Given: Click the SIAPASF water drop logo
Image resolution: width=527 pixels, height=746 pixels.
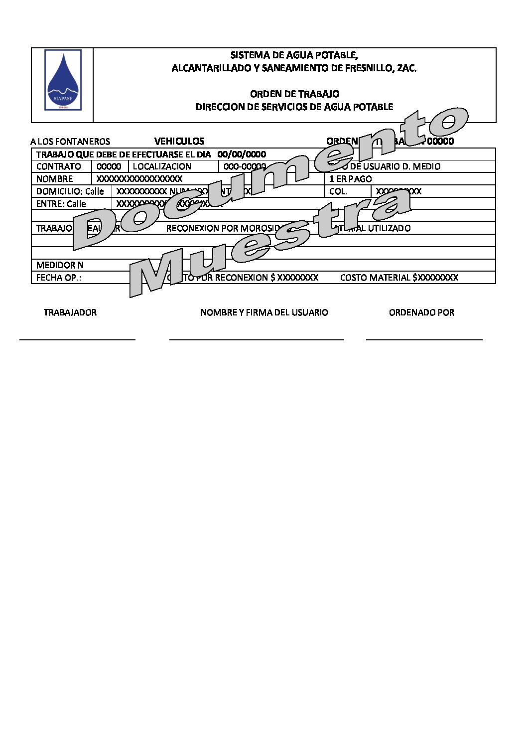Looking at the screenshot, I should click(x=63, y=80).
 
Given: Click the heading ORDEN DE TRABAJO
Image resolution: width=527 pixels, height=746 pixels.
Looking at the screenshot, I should click(x=294, y=94).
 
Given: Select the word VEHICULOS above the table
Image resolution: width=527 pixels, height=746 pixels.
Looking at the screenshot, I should click(x=179, y=141).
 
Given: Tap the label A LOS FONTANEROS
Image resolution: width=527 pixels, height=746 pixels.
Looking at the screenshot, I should click(x=70, y=142).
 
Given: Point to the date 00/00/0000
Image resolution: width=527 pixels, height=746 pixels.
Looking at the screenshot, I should click(x=242, y=154).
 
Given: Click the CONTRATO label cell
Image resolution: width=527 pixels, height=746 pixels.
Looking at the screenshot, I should click(x=59, y=166).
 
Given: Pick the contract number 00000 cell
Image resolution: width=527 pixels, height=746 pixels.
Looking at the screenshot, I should click(x=109, y=166).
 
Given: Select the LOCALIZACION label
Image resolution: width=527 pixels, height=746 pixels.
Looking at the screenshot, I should click(x=162, y=166).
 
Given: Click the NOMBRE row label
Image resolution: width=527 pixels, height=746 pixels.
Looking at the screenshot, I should click(x=55, y=179).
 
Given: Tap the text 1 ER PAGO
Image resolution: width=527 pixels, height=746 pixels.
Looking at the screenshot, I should click(x=351, y=179).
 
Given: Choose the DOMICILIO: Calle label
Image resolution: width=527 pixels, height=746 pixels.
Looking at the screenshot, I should click(x=70, y=191).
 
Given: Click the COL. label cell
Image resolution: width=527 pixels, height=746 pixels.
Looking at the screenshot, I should click(x=338, y=191).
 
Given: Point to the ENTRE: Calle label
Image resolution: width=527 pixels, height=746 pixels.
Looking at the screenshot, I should click(x=61, y=204).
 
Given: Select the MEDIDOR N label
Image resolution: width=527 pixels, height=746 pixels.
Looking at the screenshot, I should click(x=60, y=265).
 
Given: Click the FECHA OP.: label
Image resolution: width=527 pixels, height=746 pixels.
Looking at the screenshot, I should click(x=59, y=278).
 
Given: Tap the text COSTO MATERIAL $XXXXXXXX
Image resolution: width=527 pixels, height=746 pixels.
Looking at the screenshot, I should click(x=399, y=278).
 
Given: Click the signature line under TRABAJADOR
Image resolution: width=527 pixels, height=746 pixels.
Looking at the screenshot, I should click(x=77, y=339).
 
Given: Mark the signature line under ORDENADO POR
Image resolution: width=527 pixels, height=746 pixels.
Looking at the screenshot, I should click(x=424, y=339).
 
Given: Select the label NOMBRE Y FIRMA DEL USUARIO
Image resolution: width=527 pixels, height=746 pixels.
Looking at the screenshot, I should click(x=264, y=312).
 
